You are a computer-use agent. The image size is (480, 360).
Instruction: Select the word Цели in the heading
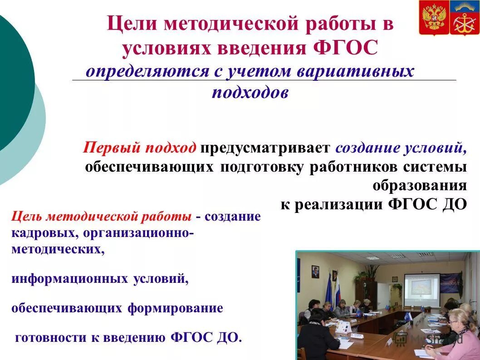tap(128, 24)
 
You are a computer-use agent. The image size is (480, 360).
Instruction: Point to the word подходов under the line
tap(250, 92)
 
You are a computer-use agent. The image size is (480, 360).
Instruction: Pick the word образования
tap(420, 185)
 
